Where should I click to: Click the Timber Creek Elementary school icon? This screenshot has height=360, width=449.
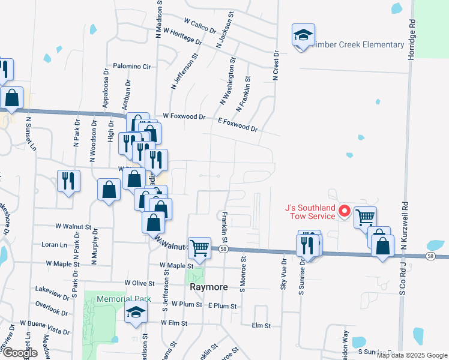(x=303, y=35)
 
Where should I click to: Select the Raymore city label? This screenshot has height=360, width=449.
(x=209, y=287)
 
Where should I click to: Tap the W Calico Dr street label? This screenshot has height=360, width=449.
(x=200, y=27)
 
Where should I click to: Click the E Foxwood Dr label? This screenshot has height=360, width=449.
(x=237, y=124)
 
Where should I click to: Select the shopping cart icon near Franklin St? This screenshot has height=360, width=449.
(x=199, y=246)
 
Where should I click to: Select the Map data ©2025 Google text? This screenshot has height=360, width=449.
(x=412, y=355)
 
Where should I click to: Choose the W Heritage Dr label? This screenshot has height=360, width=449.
(x=182, y=37)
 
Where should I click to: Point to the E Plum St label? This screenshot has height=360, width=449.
(x=223, y=306)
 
